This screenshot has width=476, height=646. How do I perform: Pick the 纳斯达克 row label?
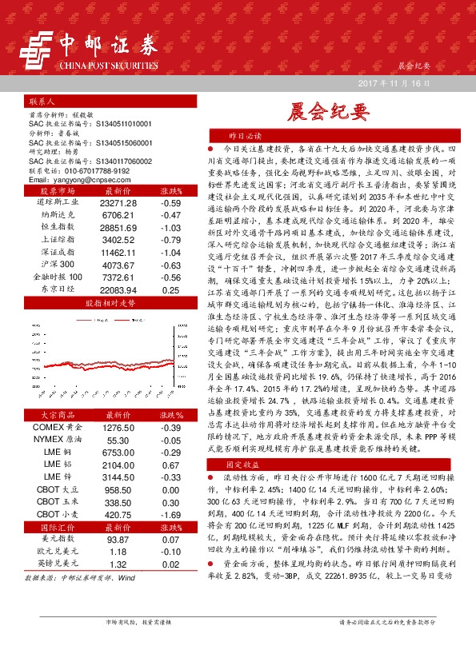coord(54,216)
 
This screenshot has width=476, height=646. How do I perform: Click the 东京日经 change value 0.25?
coord(170,289)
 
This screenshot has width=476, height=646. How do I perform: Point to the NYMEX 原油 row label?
coord(53,440)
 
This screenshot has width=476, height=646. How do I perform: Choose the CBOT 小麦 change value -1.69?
coord(170,514)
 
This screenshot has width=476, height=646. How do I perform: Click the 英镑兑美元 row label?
coord(53,564)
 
